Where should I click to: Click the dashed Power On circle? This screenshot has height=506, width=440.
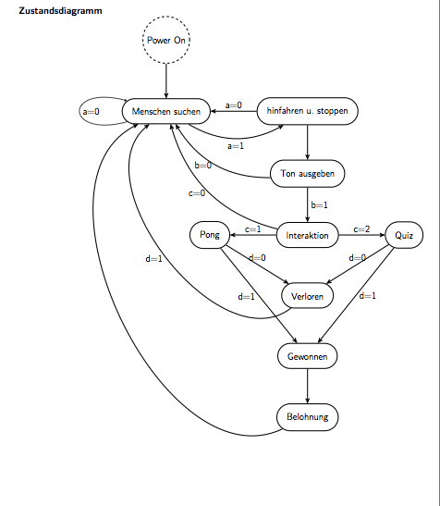click(x=166, y=40)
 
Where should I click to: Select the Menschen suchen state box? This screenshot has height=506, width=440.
click(x=166, y=111)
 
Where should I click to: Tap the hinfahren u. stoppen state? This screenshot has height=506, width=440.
click(x=308, y=111)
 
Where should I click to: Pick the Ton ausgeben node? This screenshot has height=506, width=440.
click(x=308, y=174)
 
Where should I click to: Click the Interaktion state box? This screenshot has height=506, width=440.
click(x=308, y=235)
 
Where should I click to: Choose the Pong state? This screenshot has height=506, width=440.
click(x=210, y=235)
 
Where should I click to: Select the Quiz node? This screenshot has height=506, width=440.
click(x=404, y=235)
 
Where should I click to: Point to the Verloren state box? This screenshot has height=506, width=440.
click(x=308, y=296)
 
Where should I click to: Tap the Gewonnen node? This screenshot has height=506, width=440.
click(x=308, y=356)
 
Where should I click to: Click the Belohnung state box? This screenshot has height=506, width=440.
click(x=308, y=417)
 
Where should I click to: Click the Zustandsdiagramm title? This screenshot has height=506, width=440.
click(x=60, y=11)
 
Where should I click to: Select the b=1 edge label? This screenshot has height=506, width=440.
click(x=319, y=205)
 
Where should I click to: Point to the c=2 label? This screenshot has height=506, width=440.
click(x=361, y=229)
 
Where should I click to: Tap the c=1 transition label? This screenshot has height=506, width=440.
click(x=253, y=229)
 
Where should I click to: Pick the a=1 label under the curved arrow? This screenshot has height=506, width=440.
click(x=236, y=146)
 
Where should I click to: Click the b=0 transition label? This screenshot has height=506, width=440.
click(x=203, y=166)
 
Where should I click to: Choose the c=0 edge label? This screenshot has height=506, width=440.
click(x=197, y=193)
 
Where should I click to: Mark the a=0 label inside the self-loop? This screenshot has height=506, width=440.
click(x=91, y=112)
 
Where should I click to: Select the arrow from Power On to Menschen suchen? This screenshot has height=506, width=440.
click(x=166, y=81)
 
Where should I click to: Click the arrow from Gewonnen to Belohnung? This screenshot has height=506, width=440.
click(x=308, y=387)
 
